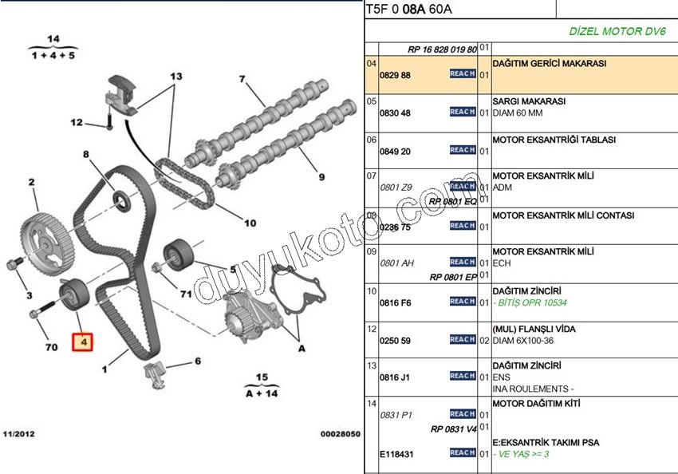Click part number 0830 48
394,113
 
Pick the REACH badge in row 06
462,150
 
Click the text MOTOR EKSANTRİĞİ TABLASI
554,140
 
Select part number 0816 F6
394,302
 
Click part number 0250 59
394,341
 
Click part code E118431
396,454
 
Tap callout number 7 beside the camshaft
240,79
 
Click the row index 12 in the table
371,329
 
